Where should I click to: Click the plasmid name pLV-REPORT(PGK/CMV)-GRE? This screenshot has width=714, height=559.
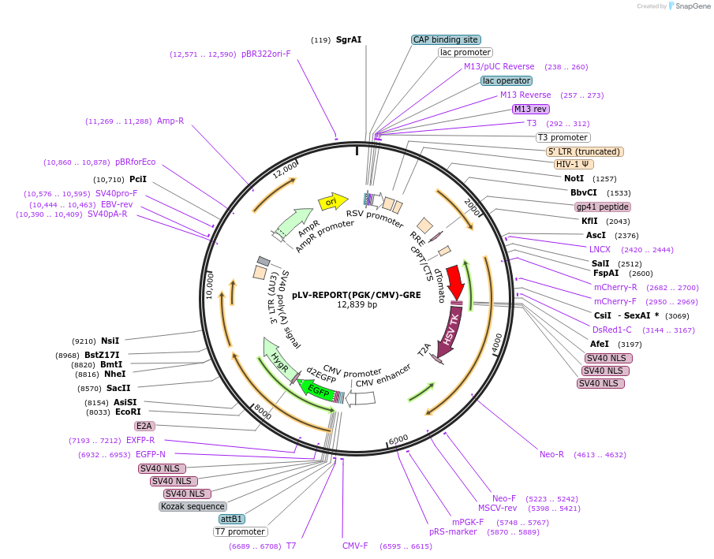[x=357, y=295]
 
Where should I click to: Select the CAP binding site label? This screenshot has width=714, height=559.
[x=446, y=39]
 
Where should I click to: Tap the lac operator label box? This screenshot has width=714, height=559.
[x=507, y=80]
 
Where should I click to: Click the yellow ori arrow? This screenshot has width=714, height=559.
[x=332, y=202]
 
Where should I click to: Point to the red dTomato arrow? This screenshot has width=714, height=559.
[x=455, y=281]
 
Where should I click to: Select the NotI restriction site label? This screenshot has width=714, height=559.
[x=574, y=178]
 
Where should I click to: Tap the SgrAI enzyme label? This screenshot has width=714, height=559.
[x=349, y=39]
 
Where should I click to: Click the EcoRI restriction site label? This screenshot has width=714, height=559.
[x=128, y=412]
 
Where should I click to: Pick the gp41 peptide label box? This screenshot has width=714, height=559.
[x=603, y=207]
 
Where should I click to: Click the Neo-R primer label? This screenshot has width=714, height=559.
[x=551, y=454]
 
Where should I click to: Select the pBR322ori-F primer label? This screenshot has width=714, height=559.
[x=266, y=54]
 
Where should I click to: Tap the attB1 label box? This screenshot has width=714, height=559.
[x=232, y=519]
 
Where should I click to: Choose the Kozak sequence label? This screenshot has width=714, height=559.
[x=193, y=506]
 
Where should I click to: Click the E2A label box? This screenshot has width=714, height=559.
[x=144, y=426]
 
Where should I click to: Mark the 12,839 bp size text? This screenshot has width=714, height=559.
[x=357, y=305]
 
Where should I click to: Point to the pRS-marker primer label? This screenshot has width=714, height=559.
[x=453, y=531]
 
